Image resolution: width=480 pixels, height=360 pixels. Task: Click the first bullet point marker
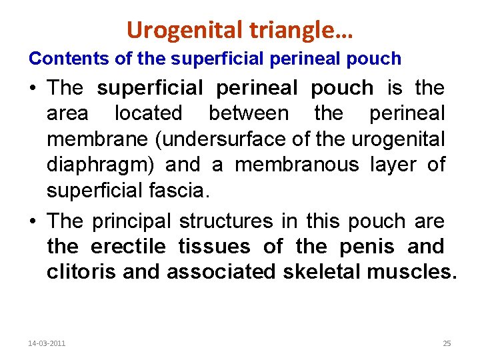click(33, 88)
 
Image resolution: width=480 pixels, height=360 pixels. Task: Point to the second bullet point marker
click(33, 221)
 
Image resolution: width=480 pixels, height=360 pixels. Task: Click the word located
click(148, 113)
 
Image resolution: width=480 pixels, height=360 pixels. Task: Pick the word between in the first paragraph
click(249, 113)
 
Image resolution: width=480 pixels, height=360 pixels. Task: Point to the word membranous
click(297, 165)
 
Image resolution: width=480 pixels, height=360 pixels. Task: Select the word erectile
click(128, 247)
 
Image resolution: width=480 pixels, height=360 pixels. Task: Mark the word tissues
click(214, 247)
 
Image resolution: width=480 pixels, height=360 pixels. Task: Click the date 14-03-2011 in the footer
click(47, 343)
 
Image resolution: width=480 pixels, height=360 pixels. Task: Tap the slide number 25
click(447, 343)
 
